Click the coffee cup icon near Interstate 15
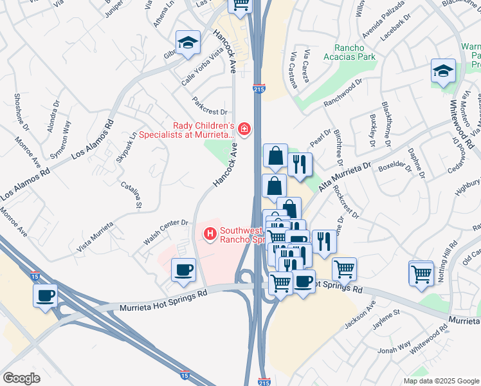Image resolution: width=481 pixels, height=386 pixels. click(x=46, y=296)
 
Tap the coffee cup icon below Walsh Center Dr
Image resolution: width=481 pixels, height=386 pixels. click(x=184, y=269)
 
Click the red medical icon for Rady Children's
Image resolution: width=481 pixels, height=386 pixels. click(x=244, y=130)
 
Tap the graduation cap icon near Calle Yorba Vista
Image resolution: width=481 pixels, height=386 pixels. click(x=187, y=42)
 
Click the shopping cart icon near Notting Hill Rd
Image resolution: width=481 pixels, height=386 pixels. click(x=421, y=273)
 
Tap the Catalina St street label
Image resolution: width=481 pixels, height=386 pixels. click(x=131, y=194)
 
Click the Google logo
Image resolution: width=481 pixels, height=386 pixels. click(x=22, y=378)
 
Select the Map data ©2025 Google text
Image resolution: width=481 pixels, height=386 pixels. click(x=440, y=381)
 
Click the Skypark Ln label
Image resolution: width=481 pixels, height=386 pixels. click(x=127, y=147)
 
